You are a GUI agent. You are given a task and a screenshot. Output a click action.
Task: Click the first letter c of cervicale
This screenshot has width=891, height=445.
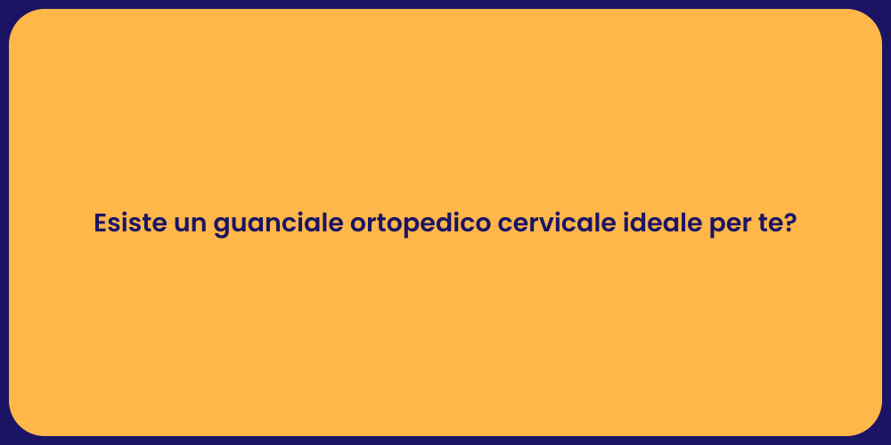coord(505,225)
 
